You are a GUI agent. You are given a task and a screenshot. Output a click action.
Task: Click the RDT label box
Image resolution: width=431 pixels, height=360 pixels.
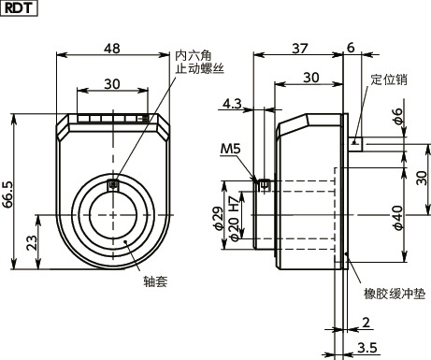click(x=19, y=9)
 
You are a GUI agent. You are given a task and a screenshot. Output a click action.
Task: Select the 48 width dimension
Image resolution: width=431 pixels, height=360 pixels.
click(x=112, y=47)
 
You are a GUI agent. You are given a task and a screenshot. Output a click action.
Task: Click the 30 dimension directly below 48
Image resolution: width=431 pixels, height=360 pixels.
click(x=112, y=83)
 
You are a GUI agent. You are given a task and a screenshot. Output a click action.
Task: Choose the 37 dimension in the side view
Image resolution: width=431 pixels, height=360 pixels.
click(x=299, y=47)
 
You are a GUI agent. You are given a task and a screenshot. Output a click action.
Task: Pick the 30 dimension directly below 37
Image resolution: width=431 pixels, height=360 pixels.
click(x=311, y=77)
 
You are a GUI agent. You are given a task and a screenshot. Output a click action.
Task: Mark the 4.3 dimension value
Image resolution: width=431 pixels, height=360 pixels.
click(x=233, y=103)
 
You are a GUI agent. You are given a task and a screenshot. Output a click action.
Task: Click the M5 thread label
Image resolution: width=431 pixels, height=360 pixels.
click(x=229, y=149)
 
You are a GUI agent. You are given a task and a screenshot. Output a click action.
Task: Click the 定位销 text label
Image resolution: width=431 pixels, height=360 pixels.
click(x=388, y=79)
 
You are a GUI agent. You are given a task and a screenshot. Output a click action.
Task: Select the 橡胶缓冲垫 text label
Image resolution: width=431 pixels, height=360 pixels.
click(x=394, y=294)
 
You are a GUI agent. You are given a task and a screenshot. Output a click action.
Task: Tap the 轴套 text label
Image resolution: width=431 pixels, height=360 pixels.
click(x=155, y=280)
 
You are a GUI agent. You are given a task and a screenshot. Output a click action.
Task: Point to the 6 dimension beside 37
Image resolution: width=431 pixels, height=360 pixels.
click(x=350, y=47)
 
